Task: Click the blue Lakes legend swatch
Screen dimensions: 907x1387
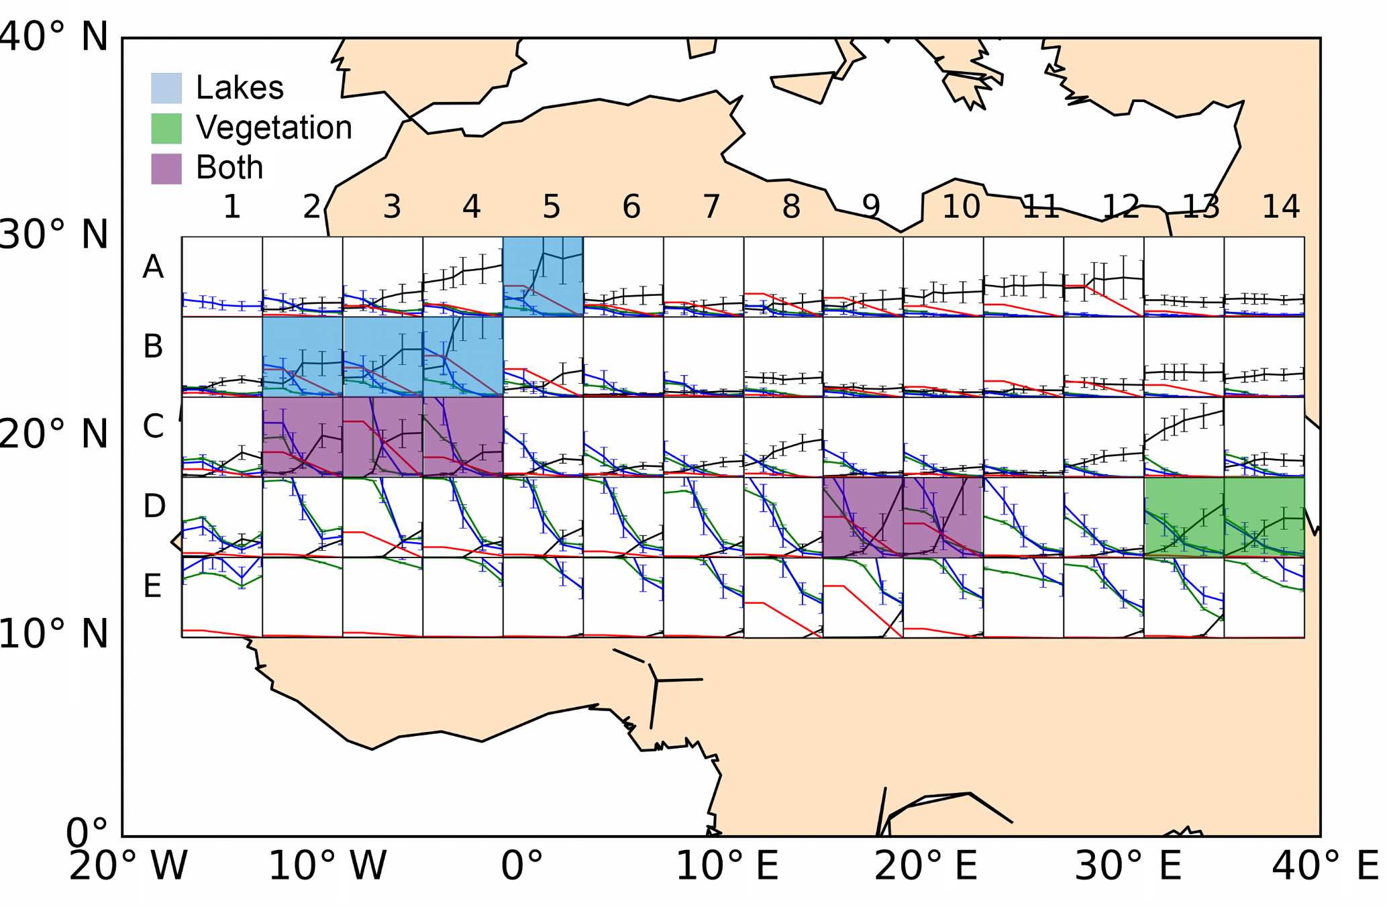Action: click(166, 88)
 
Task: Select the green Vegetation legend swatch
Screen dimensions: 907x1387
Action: click(166, 128)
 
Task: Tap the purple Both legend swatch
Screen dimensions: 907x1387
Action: click(166, 168)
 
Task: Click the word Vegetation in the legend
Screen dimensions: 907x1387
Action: click(274, 127)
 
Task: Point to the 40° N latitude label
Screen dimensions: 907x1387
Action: click(54, 36)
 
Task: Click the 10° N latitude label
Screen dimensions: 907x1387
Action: click(54, 634)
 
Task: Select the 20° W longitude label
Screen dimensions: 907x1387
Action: click(127, 866)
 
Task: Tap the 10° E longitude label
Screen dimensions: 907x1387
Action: click(727, 866)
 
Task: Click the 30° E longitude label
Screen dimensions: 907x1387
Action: click(1127, 866)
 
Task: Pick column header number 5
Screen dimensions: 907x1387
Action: click(551, 207)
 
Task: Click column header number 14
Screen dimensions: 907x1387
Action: click(1280, 207)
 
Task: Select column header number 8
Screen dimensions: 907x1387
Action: click(791, 207)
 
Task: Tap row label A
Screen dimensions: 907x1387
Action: click(153, 267)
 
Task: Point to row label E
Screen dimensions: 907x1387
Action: click(153, 586)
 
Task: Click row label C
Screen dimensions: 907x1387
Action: click(153, 426)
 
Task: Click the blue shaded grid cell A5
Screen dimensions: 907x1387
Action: click(543, 276)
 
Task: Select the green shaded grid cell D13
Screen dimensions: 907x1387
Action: click(1184, 517)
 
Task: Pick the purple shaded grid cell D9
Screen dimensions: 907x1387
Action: click(863, 517)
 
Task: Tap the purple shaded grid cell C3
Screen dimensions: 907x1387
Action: click(382, 437)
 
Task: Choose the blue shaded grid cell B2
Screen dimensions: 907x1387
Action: click(303, 356)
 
